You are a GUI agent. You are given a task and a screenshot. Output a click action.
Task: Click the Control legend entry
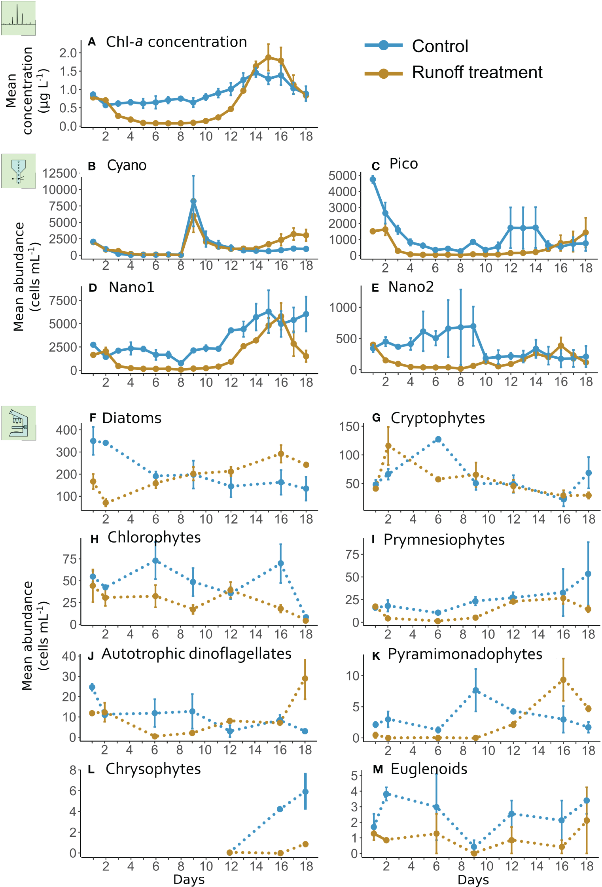click(439, 46)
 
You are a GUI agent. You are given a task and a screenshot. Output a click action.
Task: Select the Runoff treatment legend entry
click(477, 72)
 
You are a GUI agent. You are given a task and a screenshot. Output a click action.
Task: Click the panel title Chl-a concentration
click(176, 42)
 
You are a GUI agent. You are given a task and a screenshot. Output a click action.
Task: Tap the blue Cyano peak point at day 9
click(193, 201)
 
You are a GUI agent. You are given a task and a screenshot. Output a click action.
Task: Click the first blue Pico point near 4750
click(373, 180)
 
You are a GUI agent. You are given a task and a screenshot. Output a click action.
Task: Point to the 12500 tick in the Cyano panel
click(60, 173)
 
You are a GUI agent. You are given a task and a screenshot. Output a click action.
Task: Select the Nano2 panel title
click(411, 287)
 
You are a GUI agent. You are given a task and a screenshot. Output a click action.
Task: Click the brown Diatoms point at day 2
click(106, 503)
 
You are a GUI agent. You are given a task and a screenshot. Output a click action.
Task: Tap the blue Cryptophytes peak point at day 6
click(438, 439)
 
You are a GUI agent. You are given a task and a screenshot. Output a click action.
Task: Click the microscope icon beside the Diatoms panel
click(19, 423)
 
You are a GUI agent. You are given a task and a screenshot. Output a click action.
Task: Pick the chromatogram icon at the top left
click(18, 18)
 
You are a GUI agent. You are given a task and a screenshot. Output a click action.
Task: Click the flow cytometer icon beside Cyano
click(18, 171)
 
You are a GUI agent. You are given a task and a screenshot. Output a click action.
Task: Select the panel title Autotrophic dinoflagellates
click(196, 654)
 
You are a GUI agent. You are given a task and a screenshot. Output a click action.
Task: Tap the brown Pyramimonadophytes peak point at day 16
click(563, 680)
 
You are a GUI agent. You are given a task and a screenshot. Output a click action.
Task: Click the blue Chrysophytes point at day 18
click(305, 792)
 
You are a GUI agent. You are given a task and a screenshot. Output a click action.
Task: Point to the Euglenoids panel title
click(429, 769)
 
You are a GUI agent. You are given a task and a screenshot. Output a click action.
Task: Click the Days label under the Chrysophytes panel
click(189, 879)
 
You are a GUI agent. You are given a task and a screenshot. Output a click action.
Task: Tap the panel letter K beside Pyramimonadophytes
click(376, 656)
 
